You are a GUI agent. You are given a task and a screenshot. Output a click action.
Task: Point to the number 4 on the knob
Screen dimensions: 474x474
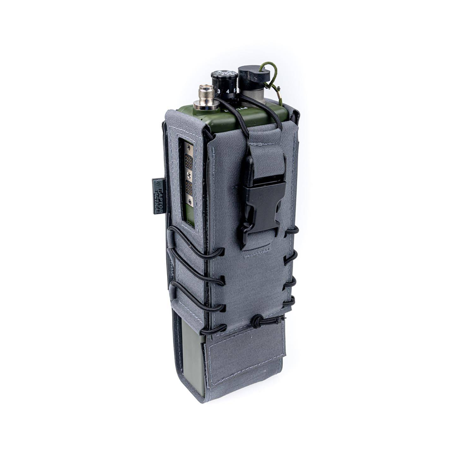[x=228, y=92]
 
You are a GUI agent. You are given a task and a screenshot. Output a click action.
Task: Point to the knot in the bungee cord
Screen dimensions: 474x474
[x=255, y=320]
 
